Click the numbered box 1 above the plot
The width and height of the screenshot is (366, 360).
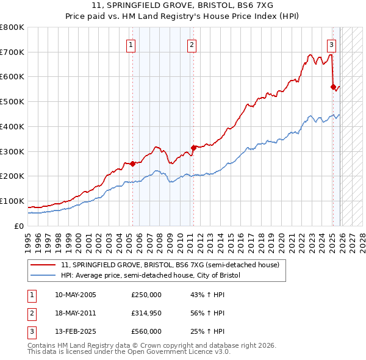(132, 44)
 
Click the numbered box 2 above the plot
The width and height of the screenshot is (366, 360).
(192, 44)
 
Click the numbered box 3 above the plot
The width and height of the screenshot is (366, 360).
(331, 44)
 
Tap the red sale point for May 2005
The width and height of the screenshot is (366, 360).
(132, 163)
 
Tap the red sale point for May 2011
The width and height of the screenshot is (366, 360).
(193, 147)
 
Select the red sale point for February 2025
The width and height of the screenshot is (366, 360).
(333, 86)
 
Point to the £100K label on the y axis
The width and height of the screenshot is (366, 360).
(12, 201)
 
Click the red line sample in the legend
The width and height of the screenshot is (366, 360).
(43, 265)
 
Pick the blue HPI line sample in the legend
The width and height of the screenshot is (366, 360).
(43, 276)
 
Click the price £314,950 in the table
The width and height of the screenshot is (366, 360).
(146, 313)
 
